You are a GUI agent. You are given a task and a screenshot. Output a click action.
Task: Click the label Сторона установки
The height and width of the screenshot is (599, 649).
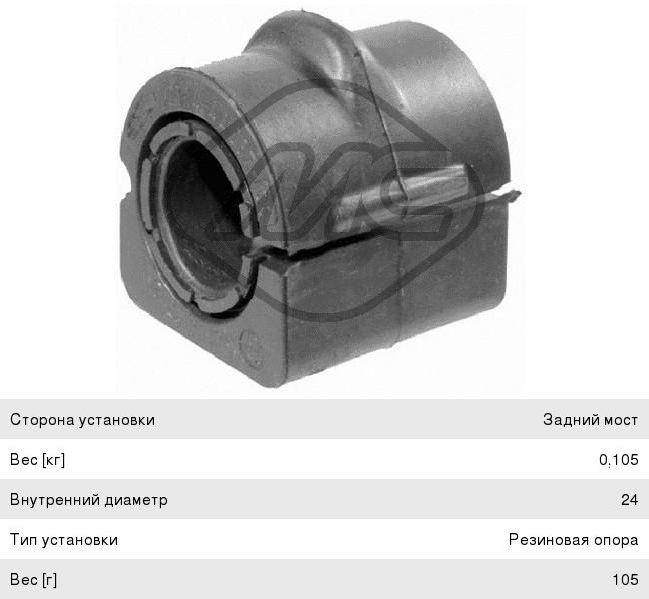[x=82, y=420]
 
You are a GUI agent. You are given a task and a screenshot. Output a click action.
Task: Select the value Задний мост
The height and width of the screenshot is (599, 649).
[x=591, y=420]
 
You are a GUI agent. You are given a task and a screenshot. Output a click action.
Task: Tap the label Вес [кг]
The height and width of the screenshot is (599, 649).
[x=38, y=460]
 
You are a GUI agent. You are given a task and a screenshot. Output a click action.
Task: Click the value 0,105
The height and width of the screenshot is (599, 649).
[x=619, y=460]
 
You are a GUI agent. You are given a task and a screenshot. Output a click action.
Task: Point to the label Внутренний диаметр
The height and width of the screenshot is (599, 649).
[x=89, y=500]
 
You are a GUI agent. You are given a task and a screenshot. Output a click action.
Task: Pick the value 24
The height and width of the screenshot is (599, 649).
[x=630, y=500]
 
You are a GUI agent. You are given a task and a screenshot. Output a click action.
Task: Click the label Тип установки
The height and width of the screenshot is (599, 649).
[x=64, y=540]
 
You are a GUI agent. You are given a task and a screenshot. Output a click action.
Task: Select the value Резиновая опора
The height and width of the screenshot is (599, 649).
[x=574, y=540]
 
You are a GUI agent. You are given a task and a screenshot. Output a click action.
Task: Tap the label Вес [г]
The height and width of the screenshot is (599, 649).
[x=34, y=580]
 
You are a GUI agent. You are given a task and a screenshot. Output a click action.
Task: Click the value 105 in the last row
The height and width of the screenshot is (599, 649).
[x=625, y=580]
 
